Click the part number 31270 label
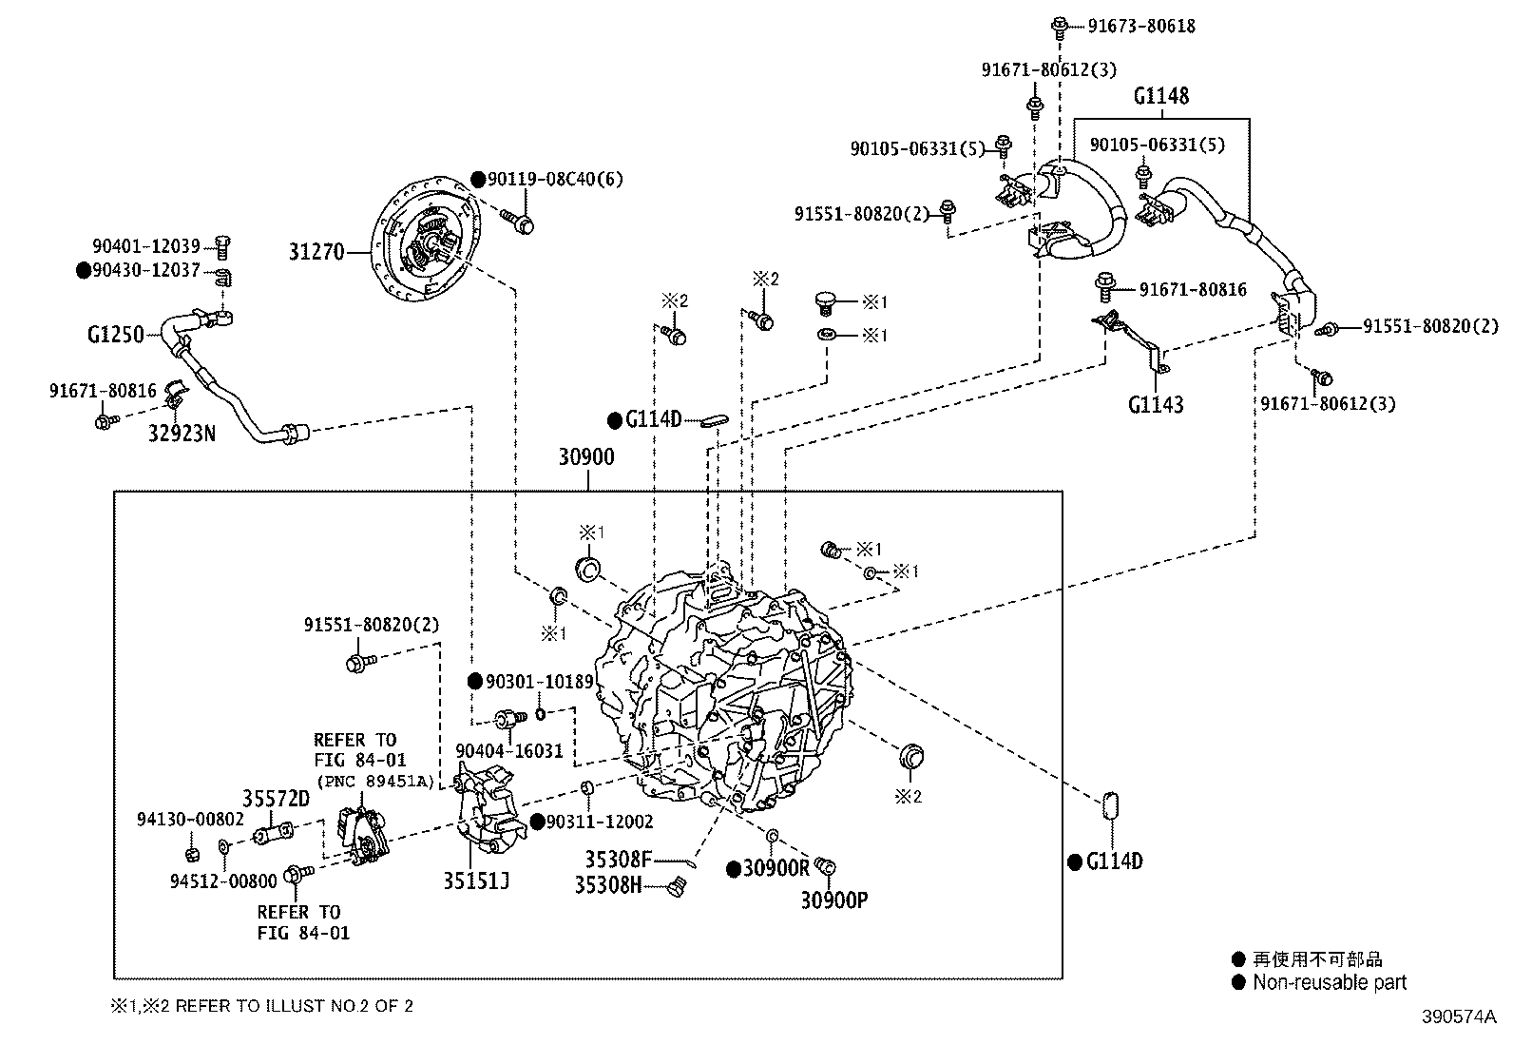pos(316,253)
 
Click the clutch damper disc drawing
pos(427,239)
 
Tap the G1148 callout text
pos(1160,96)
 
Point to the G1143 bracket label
pos(1156,405)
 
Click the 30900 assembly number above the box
pos(585,457)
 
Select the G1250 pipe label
pos(115,335)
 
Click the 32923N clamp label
pos(182,434)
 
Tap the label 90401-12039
pos(146,246)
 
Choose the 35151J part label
pos(475,881)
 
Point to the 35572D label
pos(276,799)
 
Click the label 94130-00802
pos(190,820)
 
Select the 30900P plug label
pos(833,900)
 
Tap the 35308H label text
pos(608,885)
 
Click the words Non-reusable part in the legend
pos(1329,983)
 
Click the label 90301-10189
pos(539,682)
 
